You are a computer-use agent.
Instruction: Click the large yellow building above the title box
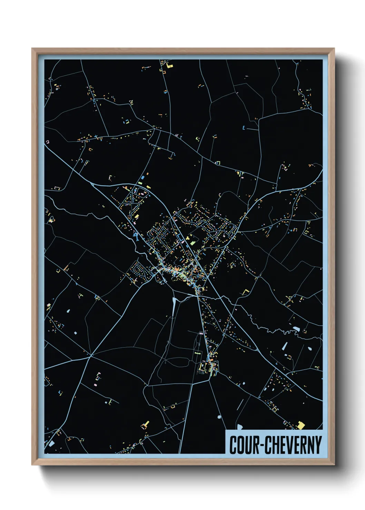(301, 425)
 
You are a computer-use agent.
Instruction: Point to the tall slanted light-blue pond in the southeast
(285, 346)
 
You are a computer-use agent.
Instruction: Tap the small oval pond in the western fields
(68, 311)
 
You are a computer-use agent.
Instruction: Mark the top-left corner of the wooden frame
(32, 49)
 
